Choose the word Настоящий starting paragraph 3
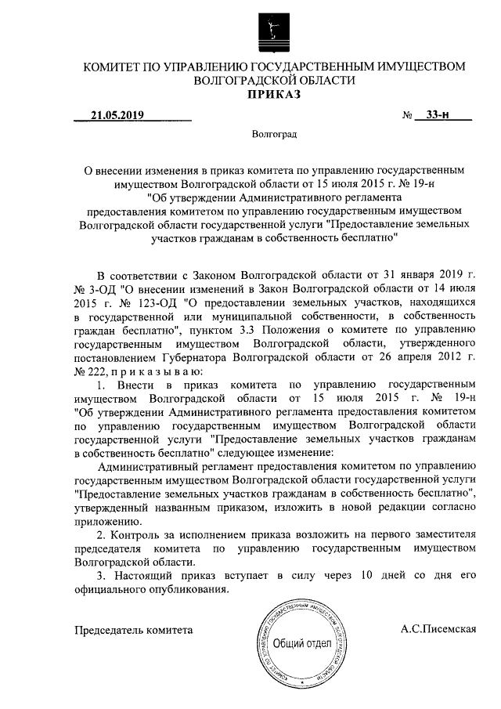point(139,577)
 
